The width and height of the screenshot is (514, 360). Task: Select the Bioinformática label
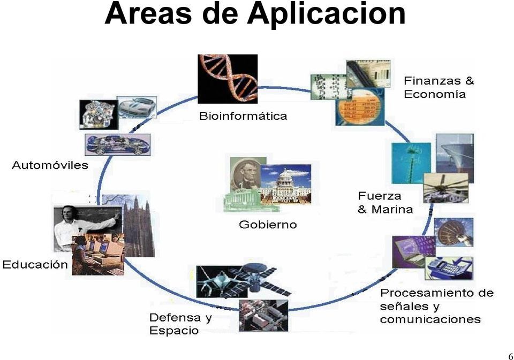point(243,116)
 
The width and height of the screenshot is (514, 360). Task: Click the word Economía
point(435,95)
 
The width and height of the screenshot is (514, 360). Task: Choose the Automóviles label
point(50,165)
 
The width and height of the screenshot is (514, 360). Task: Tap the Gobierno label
point(268,224)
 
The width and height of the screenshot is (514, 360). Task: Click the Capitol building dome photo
point(286,185)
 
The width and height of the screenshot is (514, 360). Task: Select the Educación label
point(35,264)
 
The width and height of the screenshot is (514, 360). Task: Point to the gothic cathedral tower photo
point(138,225)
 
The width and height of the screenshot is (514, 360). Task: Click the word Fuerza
point(380,196)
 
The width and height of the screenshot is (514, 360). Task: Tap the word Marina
point(392,209)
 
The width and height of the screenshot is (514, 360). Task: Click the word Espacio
point(174,331)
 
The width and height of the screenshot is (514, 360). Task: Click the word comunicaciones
point(430,320)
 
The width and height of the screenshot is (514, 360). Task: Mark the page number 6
point(510,356)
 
